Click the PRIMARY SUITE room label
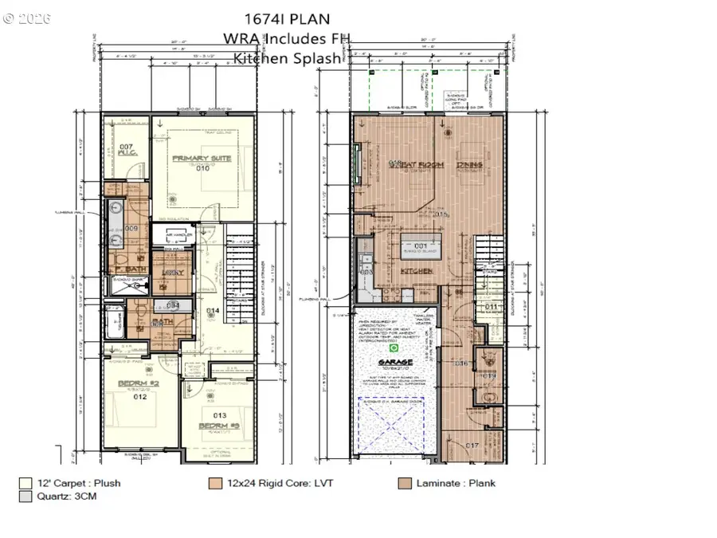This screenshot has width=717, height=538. point(202,159)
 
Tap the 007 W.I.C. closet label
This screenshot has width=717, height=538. point(126,150)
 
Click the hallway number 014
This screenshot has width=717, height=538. point(212,310)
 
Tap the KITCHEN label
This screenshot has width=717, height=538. point(416,271)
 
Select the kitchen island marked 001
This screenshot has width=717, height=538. point(421,245)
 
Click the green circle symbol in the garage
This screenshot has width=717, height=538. point(392,348)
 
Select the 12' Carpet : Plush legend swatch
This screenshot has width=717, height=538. point(25,482)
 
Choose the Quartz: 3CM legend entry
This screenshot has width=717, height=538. point(58,497)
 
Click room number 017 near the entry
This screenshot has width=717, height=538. point(472,446)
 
